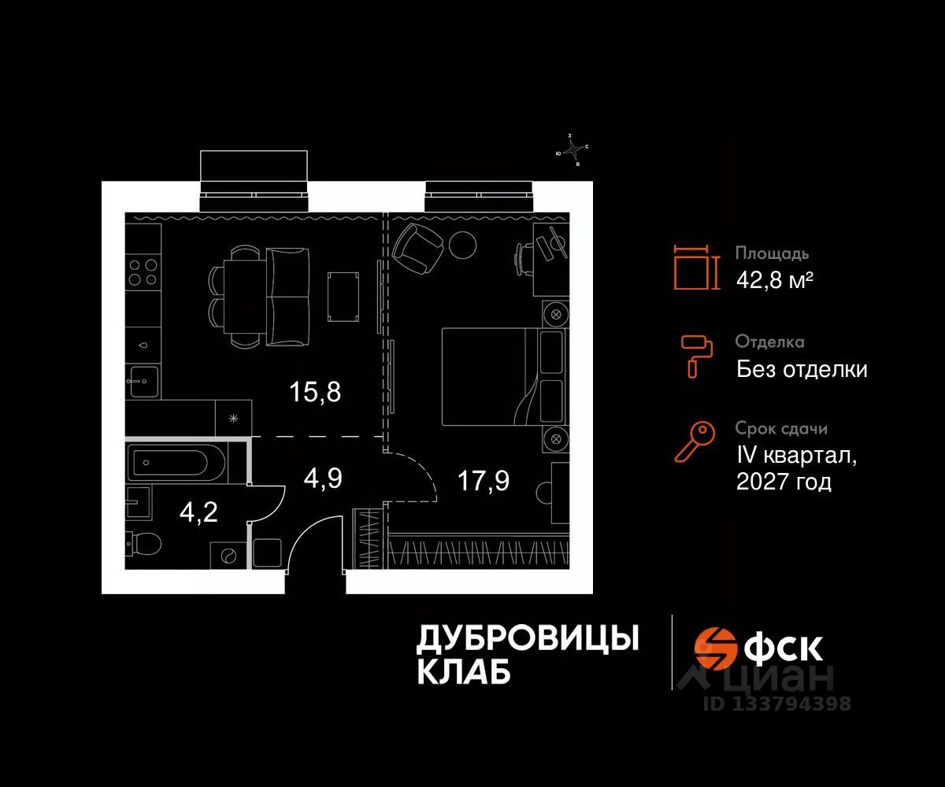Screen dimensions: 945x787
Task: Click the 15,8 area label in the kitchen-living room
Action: [315, 392]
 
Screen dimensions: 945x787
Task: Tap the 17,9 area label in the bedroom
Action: [484, 479]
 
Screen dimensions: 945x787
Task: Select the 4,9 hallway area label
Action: [323, 478]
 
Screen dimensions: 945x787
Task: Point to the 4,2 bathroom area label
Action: [198, 512]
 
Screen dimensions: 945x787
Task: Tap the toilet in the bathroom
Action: [143, 543]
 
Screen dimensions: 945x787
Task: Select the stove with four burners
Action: [143, 271]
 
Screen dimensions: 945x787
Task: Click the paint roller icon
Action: [696, 353]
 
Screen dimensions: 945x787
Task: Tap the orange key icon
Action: [694, 441]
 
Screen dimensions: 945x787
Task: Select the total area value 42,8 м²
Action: [774, 279]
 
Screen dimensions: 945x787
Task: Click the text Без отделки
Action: [802, 369]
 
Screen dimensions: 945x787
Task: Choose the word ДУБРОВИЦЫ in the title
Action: [527, 639]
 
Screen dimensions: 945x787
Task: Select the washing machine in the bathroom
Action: [228, 555]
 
